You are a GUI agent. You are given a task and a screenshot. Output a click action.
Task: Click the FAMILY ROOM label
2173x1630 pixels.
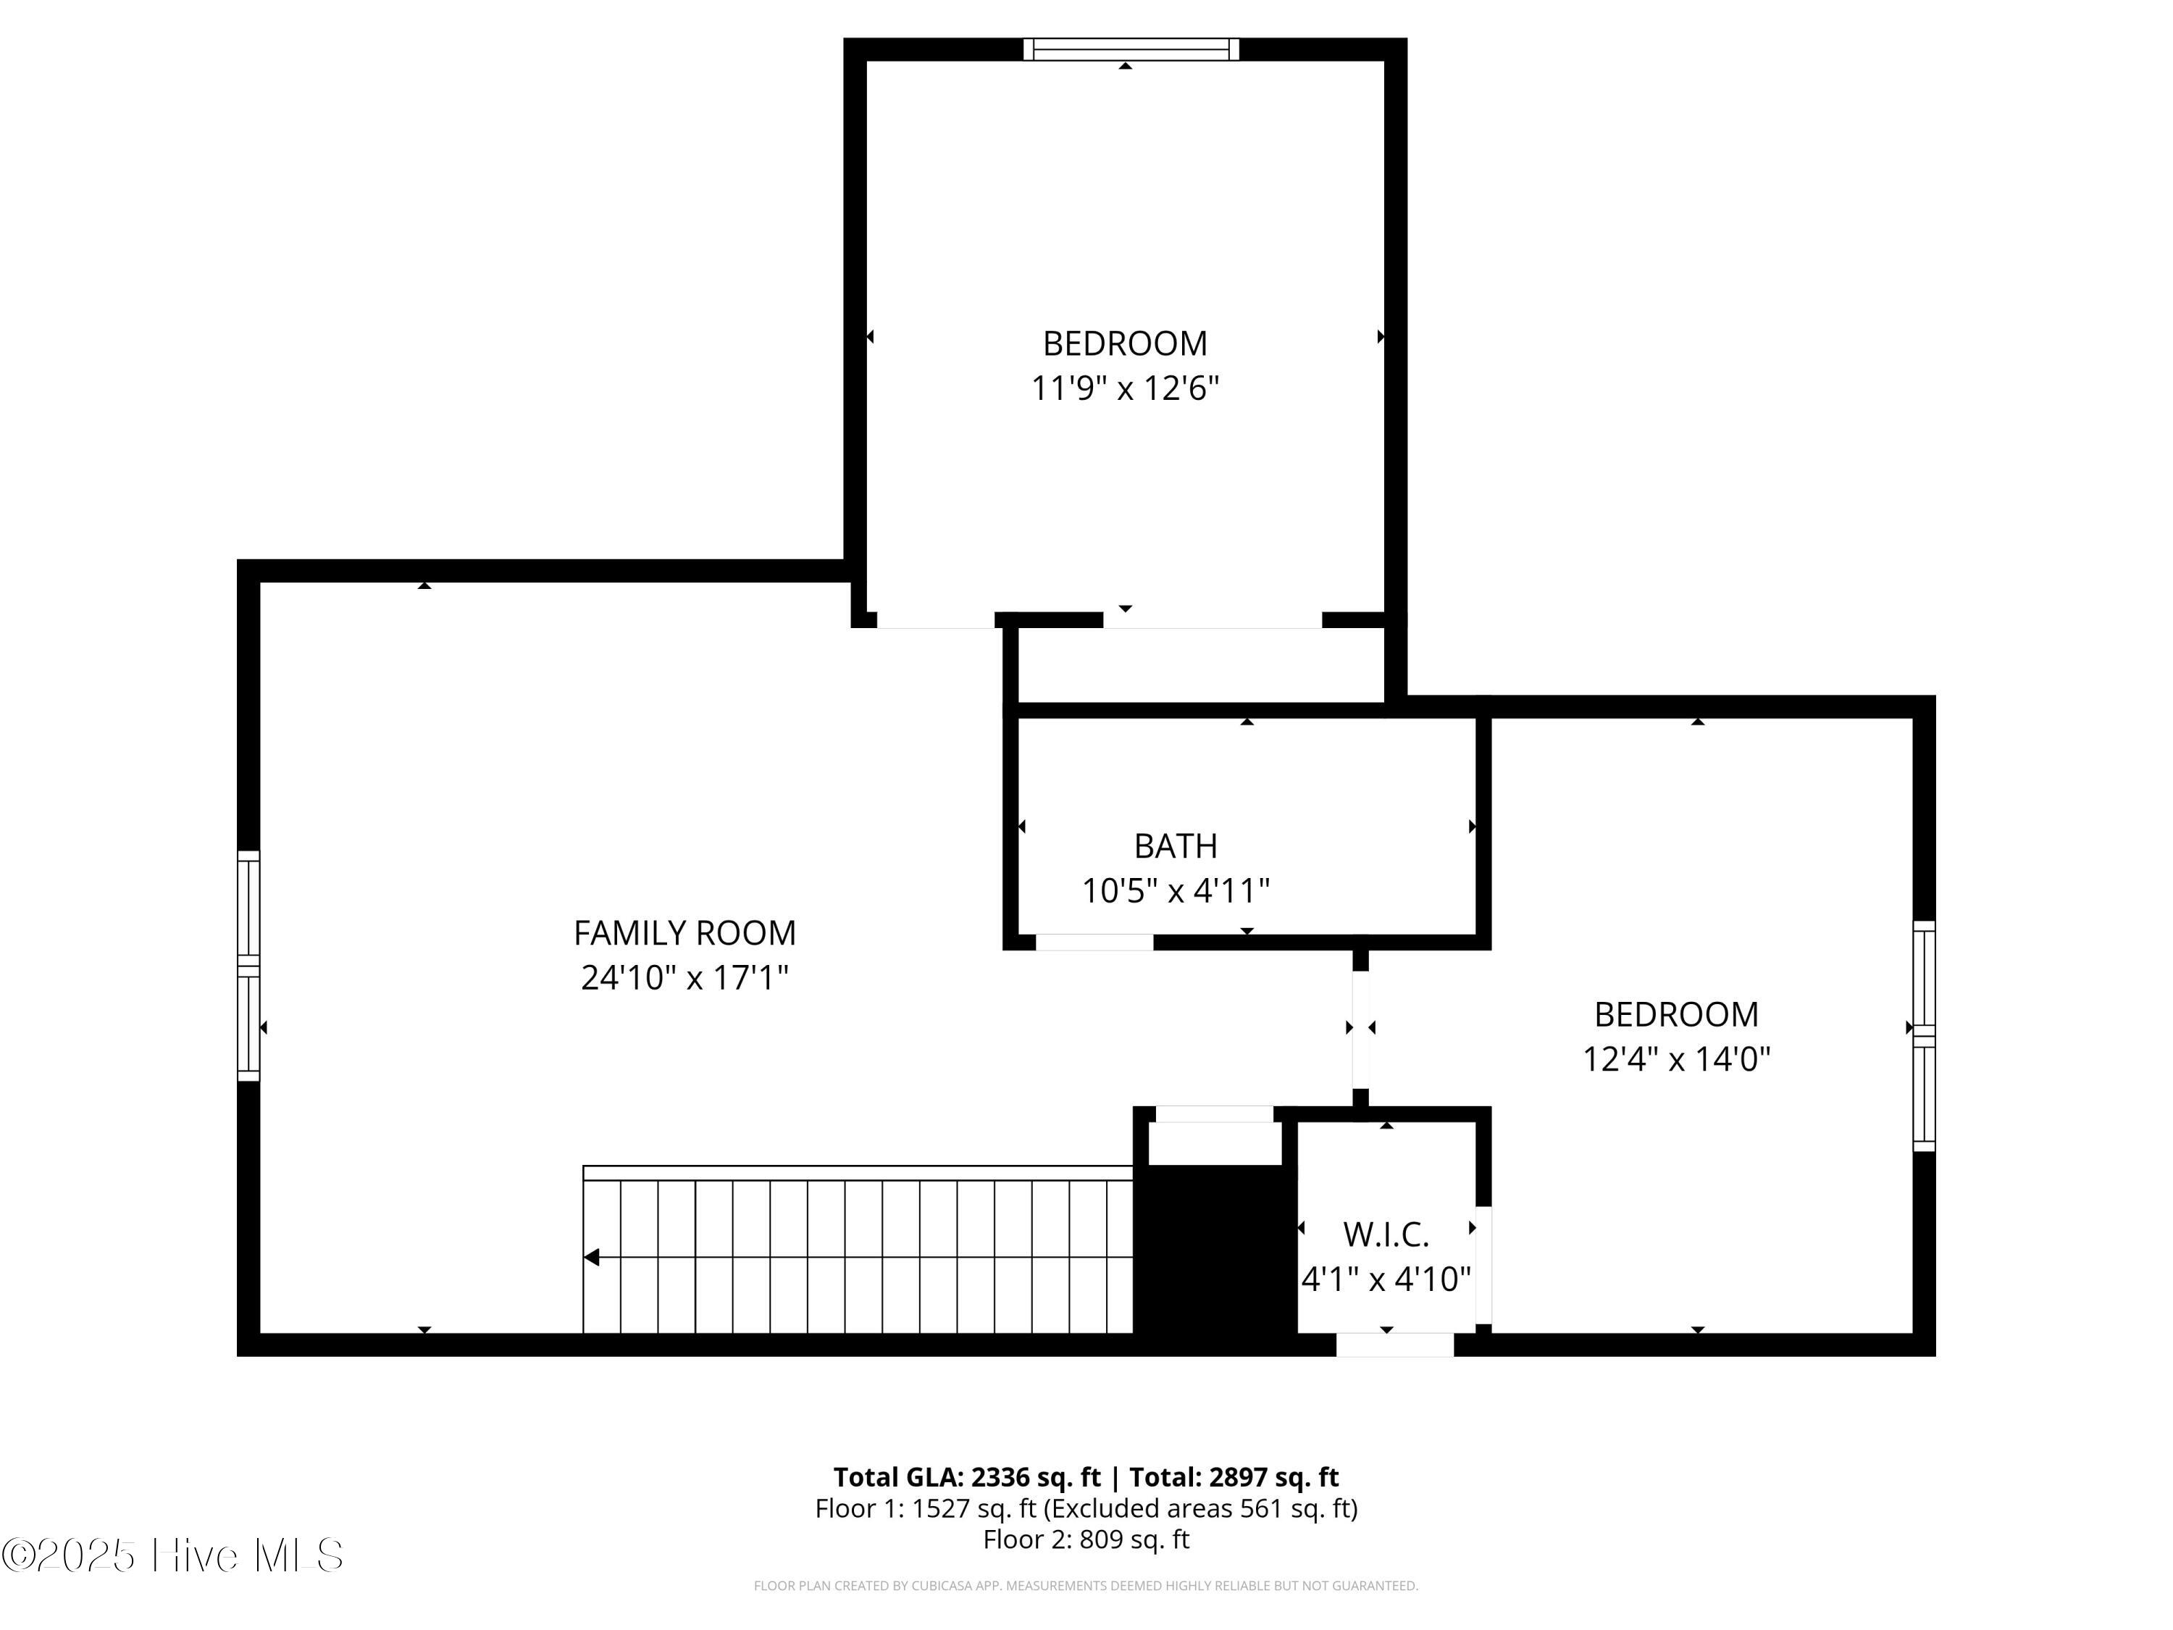click(x=684, y=932)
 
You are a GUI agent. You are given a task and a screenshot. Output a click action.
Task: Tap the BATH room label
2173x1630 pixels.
click(x=1176, y=846)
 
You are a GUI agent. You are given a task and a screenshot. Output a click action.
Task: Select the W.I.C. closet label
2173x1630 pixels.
click(x=1386, y=1234)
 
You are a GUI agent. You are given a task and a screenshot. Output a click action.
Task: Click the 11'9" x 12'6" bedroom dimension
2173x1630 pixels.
click(x=1125, y=388)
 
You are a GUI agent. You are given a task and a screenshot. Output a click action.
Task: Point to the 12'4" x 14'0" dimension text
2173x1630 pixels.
click(x=1676, y=1059)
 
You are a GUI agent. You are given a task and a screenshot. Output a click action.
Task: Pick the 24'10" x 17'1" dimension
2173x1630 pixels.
click(x=684, y=977)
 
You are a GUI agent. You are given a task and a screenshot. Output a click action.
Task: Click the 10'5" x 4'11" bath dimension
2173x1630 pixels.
click(x=1176, y=891)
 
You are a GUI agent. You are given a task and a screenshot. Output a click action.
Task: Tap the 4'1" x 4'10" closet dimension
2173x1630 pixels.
click(x=1386, y=1279)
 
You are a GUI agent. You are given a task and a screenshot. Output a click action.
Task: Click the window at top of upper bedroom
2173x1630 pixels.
click(x=1131, y=49)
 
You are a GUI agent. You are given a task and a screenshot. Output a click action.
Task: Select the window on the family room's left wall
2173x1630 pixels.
click(x=248, y=966)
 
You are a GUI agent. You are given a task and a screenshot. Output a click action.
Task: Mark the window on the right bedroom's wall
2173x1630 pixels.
click(x=1924, y=1035)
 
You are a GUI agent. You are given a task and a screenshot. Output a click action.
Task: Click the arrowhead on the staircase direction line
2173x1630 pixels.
click(x=591, y=1257)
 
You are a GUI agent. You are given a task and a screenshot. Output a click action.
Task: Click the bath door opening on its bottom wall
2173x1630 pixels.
click(x=1094, y=943)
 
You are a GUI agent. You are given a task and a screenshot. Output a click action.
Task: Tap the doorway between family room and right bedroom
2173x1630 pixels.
click(x=1360, y=1029)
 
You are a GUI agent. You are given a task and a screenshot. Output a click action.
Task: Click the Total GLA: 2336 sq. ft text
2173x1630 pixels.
click(x=967, y=1476)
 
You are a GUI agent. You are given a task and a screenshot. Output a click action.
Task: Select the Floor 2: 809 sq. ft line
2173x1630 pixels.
click(x=1086, y=1539)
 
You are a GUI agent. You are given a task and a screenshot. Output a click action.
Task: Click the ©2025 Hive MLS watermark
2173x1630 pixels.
click(x=173, y=1555)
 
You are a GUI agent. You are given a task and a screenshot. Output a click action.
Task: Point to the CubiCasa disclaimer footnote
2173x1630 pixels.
click(x=1086, y=1585)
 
